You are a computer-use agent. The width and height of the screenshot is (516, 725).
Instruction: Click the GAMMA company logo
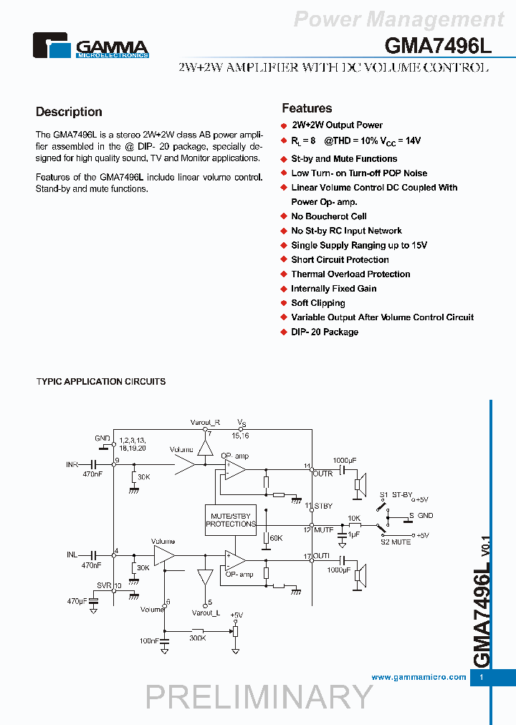91,46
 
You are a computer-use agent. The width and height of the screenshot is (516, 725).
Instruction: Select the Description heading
69,112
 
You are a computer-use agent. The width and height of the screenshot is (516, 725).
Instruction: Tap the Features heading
307,108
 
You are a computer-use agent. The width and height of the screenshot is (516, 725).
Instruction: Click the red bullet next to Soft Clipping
284,304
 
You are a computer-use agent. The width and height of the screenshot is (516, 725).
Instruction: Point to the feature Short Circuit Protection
340,260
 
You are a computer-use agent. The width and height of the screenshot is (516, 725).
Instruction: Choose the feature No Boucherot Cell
328,216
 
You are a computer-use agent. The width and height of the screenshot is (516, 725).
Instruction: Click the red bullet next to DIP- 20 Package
284,332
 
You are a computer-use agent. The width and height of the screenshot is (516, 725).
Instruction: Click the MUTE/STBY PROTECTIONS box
231,519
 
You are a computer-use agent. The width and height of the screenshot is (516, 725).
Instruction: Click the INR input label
72,465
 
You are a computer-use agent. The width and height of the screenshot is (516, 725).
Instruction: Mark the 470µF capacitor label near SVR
77,601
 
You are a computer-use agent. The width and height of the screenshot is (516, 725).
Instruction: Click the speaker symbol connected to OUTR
360,484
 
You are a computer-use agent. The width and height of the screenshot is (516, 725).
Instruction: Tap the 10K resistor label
354,517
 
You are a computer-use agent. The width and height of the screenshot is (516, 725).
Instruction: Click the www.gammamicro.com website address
419,677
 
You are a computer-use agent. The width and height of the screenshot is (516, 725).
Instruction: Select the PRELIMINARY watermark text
259,696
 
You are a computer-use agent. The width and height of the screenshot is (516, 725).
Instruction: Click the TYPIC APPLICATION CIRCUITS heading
101,382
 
